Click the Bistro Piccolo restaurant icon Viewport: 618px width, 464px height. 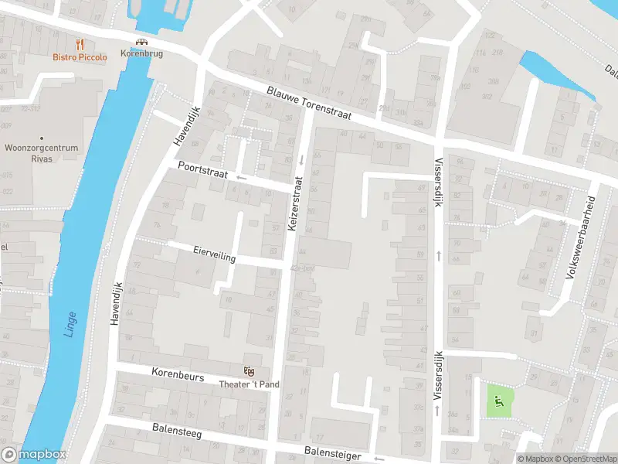coord(80,44)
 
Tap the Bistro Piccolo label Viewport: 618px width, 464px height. coord(80,56)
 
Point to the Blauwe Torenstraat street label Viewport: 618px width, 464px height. coord(309,102)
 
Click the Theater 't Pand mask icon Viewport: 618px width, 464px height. coord(249,372)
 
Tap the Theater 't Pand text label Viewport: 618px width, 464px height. coord(249,384)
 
